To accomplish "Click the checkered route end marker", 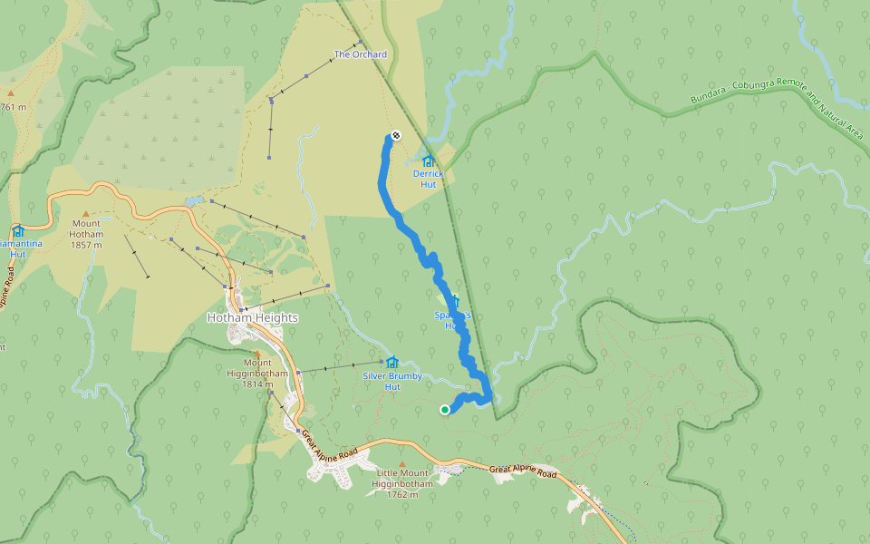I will point(395,136).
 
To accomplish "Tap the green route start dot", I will point(445,410).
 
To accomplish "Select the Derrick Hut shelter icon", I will point(429,160).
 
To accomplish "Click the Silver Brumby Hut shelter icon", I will point(392,362).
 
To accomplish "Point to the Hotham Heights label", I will point(253,318).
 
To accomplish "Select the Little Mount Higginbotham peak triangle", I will point(402,464).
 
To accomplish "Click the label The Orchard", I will point(361,54).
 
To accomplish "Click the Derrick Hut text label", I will point(429,179).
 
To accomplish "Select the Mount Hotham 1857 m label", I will point(87,234).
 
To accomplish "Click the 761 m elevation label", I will point(14,108).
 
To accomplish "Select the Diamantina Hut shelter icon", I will point(18,230).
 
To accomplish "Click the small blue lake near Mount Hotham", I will point(193,200).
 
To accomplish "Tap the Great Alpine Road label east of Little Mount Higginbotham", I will point(522,471).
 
